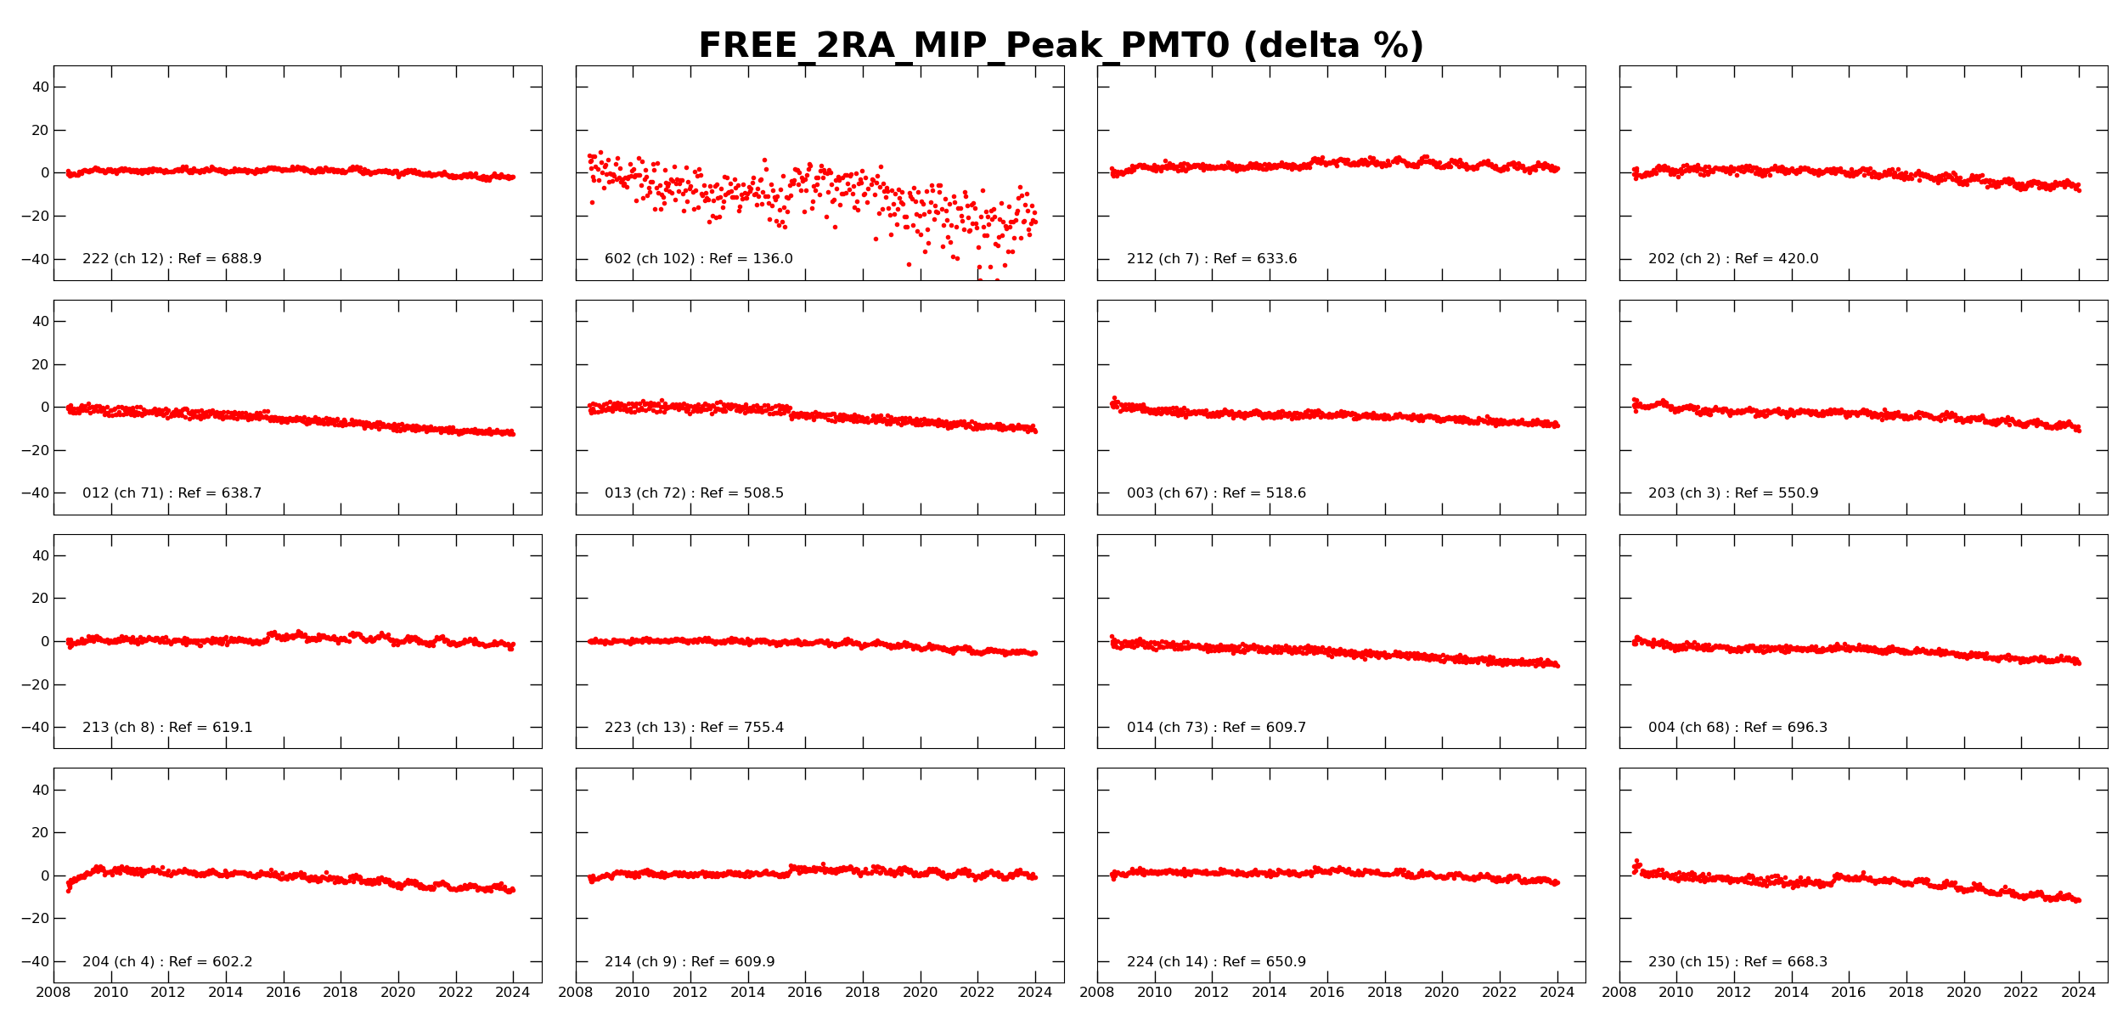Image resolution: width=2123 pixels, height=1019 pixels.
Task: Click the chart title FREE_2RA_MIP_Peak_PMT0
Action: point(1061,46)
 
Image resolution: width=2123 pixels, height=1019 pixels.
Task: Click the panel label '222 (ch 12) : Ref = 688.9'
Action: point(172,259)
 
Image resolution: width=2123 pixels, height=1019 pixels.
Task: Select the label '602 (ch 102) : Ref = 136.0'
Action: point(698,259)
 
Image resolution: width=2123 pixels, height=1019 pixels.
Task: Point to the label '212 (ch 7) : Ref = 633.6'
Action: point(1212,259)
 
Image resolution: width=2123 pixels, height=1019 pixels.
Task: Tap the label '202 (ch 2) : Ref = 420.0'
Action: point(1733,259)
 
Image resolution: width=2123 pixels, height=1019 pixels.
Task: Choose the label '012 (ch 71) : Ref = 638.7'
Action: point(172,493)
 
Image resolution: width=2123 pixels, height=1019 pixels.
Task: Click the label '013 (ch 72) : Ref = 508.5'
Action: point(694,493)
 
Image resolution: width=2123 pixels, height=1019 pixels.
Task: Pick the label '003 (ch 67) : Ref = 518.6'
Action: point(1216,493)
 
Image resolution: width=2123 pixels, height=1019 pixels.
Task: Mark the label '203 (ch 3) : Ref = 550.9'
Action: point(1733,493)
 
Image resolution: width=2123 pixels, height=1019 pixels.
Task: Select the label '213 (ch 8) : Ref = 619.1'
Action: point(167,728)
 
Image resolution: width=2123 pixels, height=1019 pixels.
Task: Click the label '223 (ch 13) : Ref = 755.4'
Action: point(694,728)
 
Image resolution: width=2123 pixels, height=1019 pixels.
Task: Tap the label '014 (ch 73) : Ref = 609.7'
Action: point(1216,728)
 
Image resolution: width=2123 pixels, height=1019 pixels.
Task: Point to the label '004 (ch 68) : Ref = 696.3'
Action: point(1737,728)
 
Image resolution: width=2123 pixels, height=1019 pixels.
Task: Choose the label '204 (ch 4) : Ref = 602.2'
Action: point(167,962)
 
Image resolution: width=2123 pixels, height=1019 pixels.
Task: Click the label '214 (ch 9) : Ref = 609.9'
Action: point(690,962)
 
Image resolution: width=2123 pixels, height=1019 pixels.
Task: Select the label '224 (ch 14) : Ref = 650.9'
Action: point(1216,962)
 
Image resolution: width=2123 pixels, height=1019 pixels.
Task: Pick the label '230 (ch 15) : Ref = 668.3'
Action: point(1737,962)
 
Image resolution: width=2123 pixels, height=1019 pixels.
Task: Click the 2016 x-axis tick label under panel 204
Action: point(283,993)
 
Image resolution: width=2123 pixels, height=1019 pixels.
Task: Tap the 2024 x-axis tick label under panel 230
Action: point(2078,993)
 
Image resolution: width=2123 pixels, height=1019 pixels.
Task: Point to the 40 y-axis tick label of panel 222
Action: point(41,87)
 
